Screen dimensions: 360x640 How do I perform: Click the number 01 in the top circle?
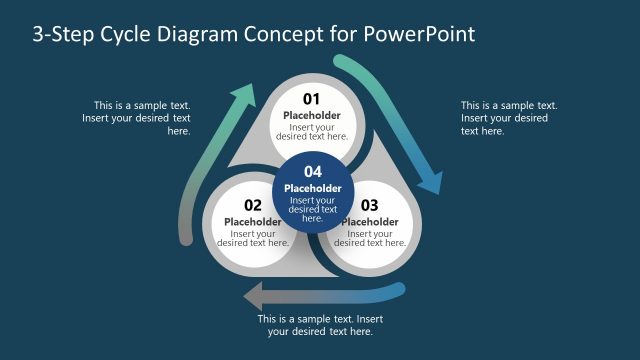(x=311, y=98)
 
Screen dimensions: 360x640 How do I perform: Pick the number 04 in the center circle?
(x=313, y=171)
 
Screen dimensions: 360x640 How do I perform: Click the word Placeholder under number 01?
(x=311, y=115)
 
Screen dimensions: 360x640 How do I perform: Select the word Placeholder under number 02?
(x=253, y=222)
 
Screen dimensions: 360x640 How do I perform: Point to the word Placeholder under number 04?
(x=313, y=188)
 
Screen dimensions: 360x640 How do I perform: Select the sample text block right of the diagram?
(x=508, y=118)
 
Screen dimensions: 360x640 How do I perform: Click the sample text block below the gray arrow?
(x=320, y=325)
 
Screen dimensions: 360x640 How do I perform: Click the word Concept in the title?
(x=287, y=34)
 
